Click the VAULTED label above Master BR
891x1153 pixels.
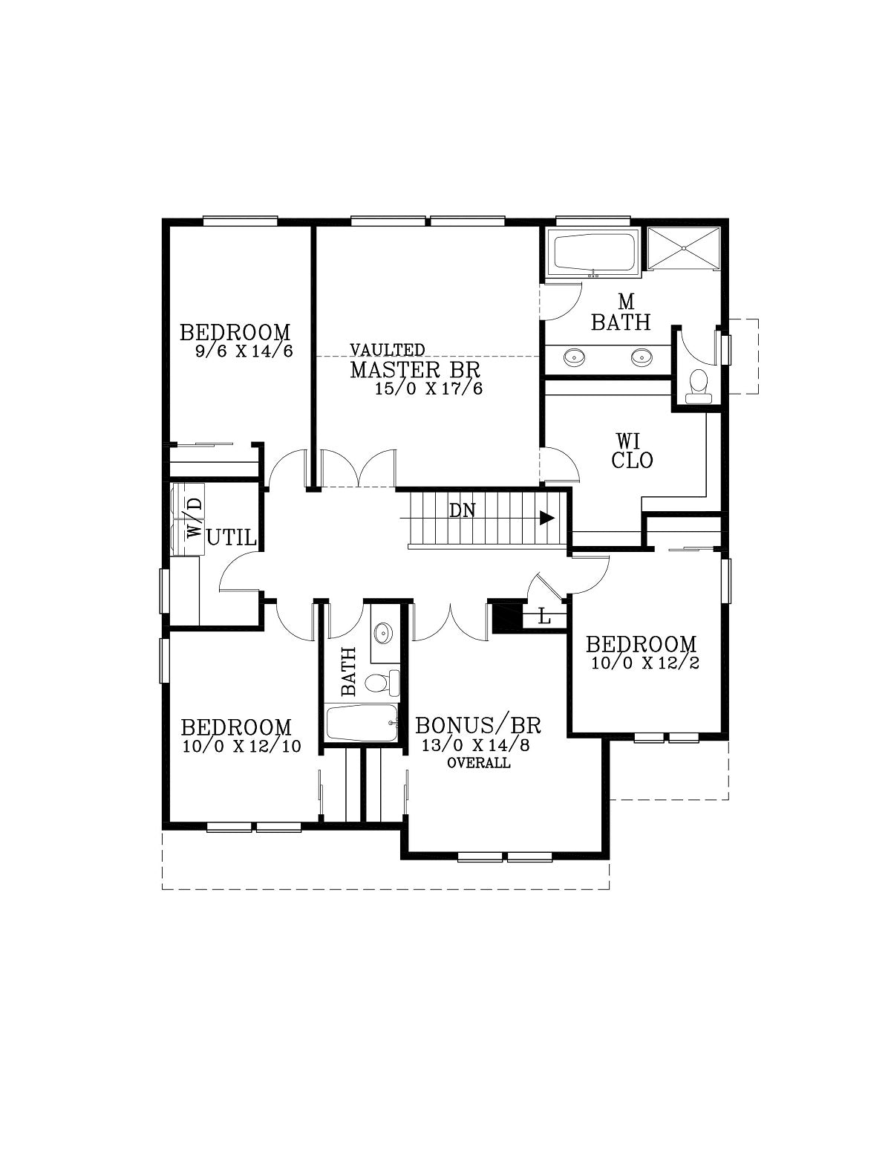click(387, 350)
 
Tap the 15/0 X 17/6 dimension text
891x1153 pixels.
click(429, 389)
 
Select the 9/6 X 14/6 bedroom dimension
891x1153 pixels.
click(244, 351)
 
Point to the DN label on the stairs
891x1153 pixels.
click(462, 510)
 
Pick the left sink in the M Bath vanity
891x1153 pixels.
click(575, 357)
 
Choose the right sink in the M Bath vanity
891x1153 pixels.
click(641, 357)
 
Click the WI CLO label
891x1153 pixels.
click(632, 450)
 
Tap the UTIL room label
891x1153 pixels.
click(232, 538)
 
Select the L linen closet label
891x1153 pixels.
click(544, 617)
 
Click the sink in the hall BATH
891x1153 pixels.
click(383, 633)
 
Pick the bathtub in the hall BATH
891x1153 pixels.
click(362, 723)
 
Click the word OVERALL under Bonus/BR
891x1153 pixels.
click(479, 763)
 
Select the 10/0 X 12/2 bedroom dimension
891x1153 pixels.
click(645, 663)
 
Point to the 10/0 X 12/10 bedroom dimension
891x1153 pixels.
click(242, 746)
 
